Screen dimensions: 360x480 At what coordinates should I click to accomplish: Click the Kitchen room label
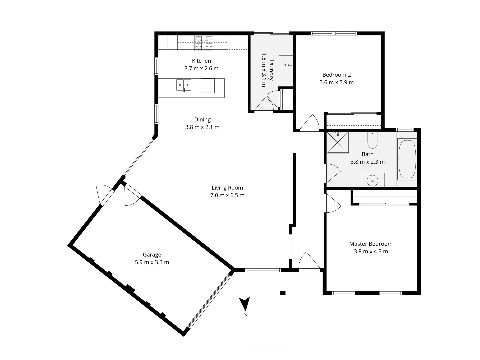coord(201,61)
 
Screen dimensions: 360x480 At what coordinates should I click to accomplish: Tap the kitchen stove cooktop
coord(204,43)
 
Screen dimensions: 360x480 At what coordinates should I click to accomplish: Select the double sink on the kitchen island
coord(183,85)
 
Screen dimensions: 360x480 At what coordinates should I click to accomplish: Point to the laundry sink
coord(286,65)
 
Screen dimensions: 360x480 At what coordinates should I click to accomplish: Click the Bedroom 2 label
coord(336,75)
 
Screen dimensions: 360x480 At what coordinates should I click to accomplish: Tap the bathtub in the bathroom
coord(407,159)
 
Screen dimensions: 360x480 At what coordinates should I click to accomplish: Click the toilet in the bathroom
coord(372,140)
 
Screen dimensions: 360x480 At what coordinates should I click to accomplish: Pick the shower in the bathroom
coord(338,142)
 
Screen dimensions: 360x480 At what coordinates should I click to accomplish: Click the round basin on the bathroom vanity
coord(372,181)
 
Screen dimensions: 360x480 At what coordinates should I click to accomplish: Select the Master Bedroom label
coord(371,244)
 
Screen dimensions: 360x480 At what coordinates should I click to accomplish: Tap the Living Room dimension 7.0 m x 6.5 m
coord(227,195)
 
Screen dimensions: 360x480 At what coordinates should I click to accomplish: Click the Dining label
coord(202,119)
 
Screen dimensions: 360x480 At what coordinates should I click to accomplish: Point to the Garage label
coord(152,255)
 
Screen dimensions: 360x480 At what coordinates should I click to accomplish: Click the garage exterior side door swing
coord(102,193)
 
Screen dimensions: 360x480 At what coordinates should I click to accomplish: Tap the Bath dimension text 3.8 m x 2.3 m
coord(367,162)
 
